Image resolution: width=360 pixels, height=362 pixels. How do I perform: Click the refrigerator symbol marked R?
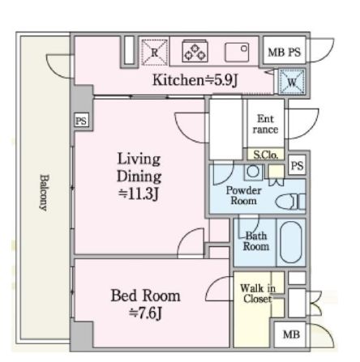click(x=154, y=52)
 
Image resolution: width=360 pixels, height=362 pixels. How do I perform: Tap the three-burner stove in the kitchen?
click(x=195, y=51)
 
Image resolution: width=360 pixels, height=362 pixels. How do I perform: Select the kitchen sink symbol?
click(x=237, y=52)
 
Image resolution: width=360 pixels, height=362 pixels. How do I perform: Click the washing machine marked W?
click(x=292, y=82)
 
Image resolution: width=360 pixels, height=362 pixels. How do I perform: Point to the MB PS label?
click(x=284, y=52)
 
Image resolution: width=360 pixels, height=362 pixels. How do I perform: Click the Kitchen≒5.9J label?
click(x=195, y=80)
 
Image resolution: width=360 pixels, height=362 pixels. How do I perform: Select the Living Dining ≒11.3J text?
click(x=139, y=177)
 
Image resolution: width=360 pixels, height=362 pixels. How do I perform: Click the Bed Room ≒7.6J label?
click(x=145, y=304)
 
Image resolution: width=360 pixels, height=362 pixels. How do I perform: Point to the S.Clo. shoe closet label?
click(x=266, y=155)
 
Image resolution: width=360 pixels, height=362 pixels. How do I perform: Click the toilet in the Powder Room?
click(x=290, y=202)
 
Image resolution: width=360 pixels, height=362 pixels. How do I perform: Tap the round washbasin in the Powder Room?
click(x=253, y=172)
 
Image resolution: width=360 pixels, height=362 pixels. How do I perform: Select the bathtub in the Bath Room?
click(x=291, y=242)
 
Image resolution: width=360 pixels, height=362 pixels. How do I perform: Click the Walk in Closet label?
click(x=258, y=293)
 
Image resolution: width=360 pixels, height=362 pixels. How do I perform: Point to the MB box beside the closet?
click(x=291, y=334)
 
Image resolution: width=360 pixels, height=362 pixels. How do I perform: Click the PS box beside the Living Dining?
click(x=81, y=121)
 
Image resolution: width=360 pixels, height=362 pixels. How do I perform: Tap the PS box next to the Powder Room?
click(x=297, y=165)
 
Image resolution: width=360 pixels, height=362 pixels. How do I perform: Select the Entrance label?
click(x=266, y=124)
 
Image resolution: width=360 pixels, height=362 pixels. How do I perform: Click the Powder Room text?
click(x=243, y=195)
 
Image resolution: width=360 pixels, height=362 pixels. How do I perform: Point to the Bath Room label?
click(x=256, y=241)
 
